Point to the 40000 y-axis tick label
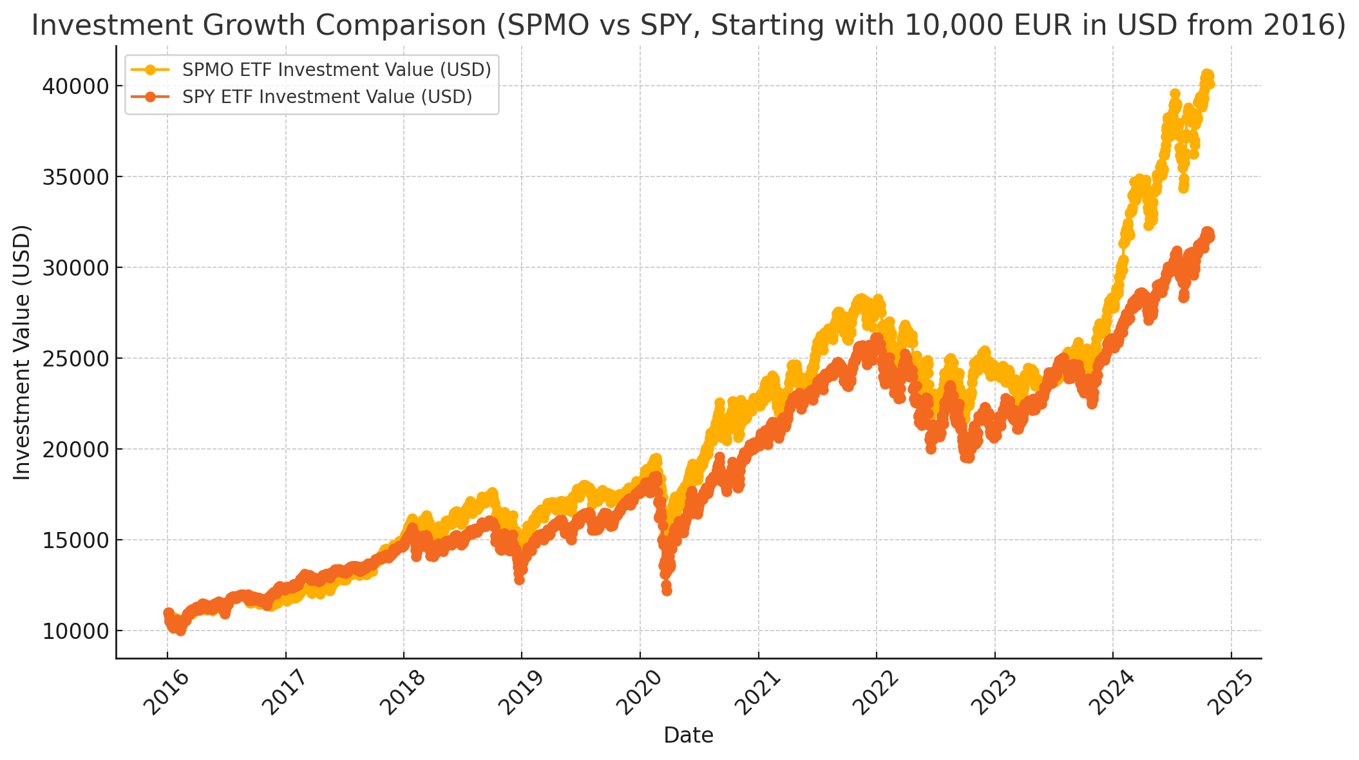[x=75, y=86]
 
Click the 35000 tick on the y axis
[x=75, y=177]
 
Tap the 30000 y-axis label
[x=75, y=268]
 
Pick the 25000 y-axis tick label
[x=75, y=359]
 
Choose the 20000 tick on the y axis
[x=75, y=450]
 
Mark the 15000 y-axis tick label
[x=75, y=540]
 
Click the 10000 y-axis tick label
[x=75, y=631]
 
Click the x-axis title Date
[x=689, y=736]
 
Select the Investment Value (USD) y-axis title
[x=23, y=352]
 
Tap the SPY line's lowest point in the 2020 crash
[x=667, y=591]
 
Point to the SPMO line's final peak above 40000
[x=1207, y=75]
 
